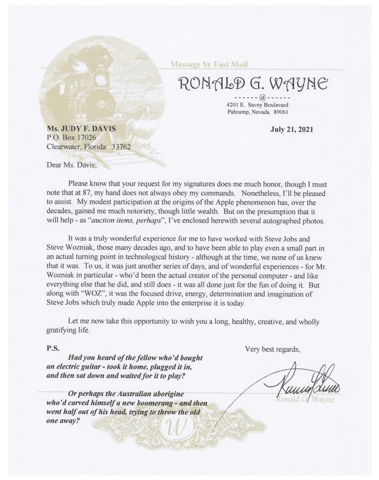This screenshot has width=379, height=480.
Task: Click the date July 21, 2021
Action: click(292, 129)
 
